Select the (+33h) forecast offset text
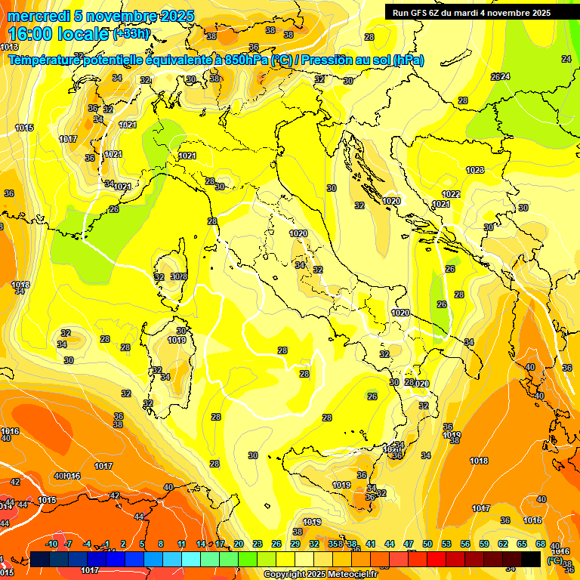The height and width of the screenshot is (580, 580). (x=131, y=34)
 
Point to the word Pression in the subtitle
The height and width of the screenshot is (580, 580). (x=328, y=60)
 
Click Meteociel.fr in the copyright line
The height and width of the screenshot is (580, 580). (x=348, y=575)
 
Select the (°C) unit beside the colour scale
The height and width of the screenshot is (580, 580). (x=554, y=560)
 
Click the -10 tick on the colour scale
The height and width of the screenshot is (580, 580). (x=51, y=544)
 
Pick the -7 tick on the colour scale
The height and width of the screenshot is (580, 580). (x=69, y=544)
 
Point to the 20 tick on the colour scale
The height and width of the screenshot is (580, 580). (x=239, y=544)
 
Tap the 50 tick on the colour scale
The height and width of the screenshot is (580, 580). (x=427, y=544)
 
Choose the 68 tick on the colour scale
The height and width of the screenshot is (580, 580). (x=541, y=544)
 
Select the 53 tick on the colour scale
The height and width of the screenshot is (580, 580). (x=446, y=544)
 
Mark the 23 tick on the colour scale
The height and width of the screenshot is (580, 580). (x=258, y=544)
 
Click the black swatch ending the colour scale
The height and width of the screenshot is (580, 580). (x=531, y=559)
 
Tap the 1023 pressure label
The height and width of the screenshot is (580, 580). (x=474, y=170)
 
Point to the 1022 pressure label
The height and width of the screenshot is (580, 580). (x=452, y=194)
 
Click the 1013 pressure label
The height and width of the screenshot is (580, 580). (x=9, y=47)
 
